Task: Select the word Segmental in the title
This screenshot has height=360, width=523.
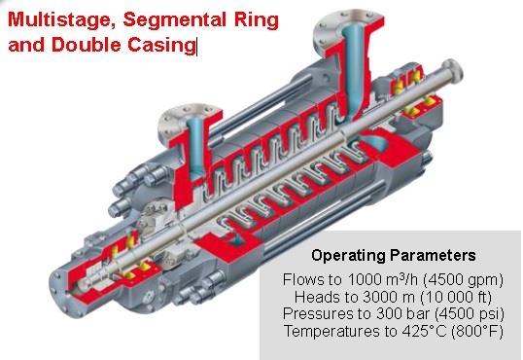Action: pos(174,20)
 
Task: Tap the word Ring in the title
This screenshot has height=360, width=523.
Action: pos(256,20)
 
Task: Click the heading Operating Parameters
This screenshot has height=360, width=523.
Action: pos(394,256)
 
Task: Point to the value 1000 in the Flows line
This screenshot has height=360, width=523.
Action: pos(363,280)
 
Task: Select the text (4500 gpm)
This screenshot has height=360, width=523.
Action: pos(463,280)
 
